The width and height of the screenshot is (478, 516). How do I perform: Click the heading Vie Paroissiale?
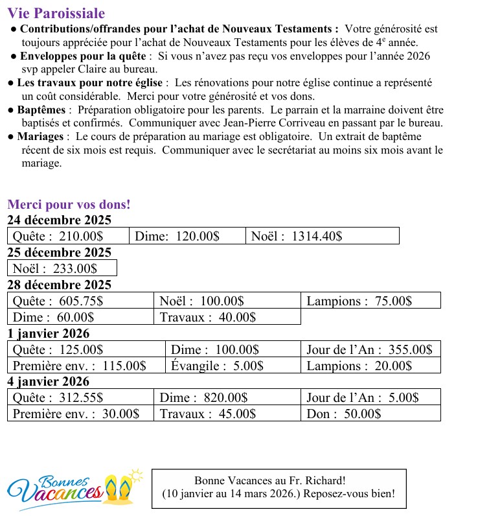coord(56,14)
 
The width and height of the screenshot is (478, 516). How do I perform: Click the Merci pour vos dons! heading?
coord(69,205)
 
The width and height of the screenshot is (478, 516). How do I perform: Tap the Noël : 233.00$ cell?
coord(62,268)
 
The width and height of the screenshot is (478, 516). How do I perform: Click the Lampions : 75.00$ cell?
coord(370,301)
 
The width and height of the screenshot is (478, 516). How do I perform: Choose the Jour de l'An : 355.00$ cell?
coord(370,350)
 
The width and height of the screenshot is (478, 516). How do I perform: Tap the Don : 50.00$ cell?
coord(370,414)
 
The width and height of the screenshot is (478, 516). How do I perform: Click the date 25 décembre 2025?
coord(59,253)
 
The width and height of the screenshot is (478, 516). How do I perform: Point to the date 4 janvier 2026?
coord(48,382)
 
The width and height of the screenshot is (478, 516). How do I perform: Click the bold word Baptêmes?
coord(42,110)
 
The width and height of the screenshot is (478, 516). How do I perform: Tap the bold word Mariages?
coord(40,137)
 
